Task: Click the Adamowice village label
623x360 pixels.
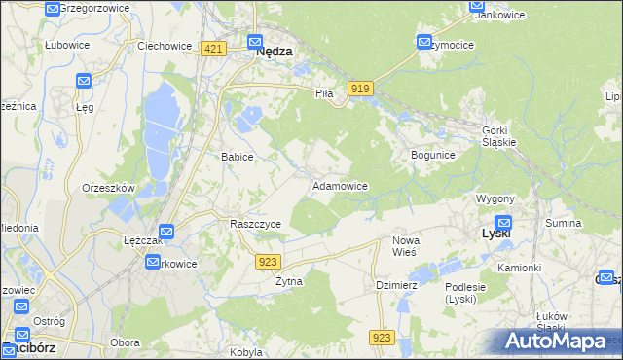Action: [339, 185]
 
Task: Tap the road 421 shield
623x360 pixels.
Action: [215, 48]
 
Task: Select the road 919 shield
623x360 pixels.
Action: [360, 89]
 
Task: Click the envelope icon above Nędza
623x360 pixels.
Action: [254, 42]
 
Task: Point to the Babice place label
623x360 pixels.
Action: [238, 157]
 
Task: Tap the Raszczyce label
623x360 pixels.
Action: [255, 224]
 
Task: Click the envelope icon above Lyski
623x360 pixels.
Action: [503, 222]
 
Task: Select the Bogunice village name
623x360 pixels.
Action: [433, 155]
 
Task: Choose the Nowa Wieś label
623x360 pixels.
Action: [405, 246]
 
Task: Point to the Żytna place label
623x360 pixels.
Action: [288, 281]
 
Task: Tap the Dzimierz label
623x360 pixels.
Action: [396, 285]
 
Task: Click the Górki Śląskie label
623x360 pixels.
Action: [498, 135]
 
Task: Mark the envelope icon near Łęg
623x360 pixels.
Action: [83, 82]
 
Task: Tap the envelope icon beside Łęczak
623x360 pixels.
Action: [166, 233]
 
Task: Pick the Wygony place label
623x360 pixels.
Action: [495, 198]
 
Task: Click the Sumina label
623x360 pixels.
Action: [563, 224]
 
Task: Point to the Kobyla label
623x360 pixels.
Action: [247, 352]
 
